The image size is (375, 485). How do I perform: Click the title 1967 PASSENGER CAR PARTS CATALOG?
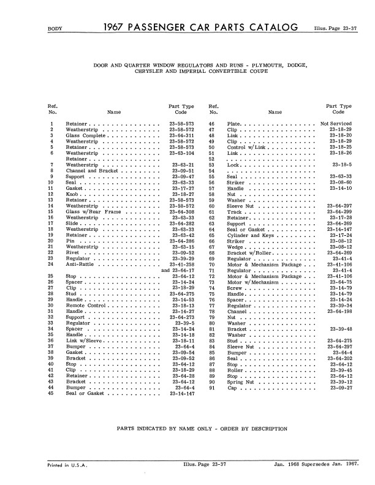pyautogui.click(x=202, y=27)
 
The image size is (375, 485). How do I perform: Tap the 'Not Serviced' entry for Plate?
pyautogui.click(x=336, y=124)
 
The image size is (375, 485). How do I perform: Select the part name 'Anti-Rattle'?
pyautogui.click(x=80, y=265)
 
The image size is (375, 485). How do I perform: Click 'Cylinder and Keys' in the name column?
pyautogui.click(x=250, y=236)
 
